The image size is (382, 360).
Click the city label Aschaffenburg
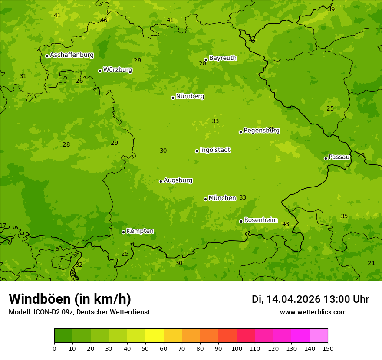pyautogui.click(x=72, y=55)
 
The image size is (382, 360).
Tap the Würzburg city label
pyautogui.click(x=118, y=70)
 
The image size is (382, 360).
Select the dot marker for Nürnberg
pyautogui.click(x=173, y=98)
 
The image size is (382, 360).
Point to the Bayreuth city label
pyautogui.click(x=223, y=58)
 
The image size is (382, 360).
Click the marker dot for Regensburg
pyautogui.click(x=240, y=132)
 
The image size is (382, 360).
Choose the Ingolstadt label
pyautogui.click(x=215, y=150)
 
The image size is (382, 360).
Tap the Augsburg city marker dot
pyautogui.click(x=161, y=181)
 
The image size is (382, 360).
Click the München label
pyautogui.click(x=222, y=198)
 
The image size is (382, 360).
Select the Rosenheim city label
pyautogui.click(x=260, y=220)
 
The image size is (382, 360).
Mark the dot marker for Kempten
pyautogui.click(x=123, y=232)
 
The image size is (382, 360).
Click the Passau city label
pyautogui.click(x=339, y=157)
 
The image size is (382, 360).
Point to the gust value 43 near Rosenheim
pyautogui.click(x=286, y=224)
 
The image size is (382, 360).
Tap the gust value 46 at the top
pyautogui.click(x=104, y=20)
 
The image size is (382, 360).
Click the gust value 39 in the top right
pyautogui.click(x=331, y=9)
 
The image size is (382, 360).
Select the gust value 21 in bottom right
pyautogui.click(x=371, y=263)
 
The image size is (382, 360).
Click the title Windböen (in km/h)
pyautogui.click(x=70, y=299)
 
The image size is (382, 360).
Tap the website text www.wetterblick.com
pyautogui.click(x=313, y=312)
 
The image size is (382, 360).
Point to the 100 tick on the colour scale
pyautogui.click(x=237, y=348)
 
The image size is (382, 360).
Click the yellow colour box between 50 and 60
pyautogui.click(x=155, y=336)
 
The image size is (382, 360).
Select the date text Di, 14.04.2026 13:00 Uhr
pyautogui.click(x=310, y=299)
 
